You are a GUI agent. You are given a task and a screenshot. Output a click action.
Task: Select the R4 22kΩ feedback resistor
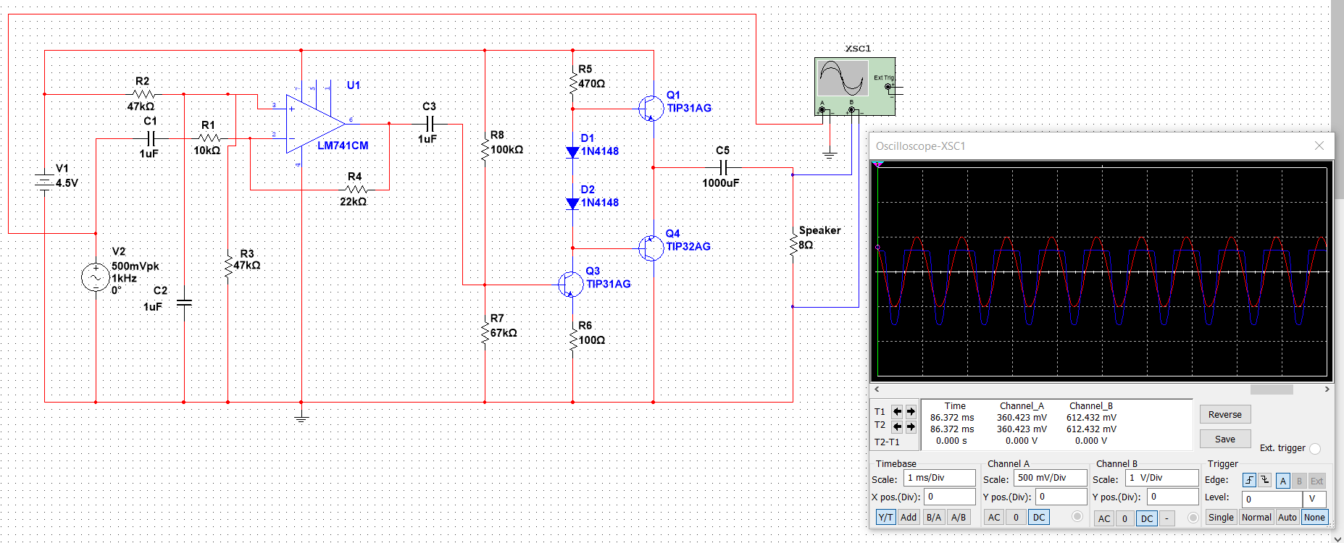click(355, 190)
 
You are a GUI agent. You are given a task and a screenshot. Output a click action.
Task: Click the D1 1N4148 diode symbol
click(572, 152)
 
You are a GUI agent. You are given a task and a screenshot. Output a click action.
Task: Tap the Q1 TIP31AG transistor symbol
click(651, 109)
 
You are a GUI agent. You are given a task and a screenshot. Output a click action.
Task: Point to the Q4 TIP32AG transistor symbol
click(651, 248)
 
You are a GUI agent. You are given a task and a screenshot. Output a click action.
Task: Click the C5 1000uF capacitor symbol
click(722, 167)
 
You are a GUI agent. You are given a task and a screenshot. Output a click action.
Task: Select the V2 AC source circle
click(96, 277)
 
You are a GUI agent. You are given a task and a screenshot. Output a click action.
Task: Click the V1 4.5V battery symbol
click(45, 182)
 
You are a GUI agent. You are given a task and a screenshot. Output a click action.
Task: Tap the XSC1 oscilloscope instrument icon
click(854, 86)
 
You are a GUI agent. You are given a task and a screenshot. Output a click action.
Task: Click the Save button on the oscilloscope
click(1224, 439)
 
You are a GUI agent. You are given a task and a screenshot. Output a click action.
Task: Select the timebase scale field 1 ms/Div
click(939, 478)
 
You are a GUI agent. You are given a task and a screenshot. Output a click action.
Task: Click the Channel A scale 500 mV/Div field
click(1050, 478)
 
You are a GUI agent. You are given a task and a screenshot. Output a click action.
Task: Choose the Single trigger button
click(1220, 517)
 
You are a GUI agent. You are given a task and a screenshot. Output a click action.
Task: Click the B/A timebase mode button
click(933, 517)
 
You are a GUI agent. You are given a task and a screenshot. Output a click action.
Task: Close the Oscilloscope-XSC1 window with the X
click(1319, 146)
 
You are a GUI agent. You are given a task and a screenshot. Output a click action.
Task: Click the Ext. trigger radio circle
click(1315, 448)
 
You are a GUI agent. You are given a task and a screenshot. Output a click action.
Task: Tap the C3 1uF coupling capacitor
click(430, 124)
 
